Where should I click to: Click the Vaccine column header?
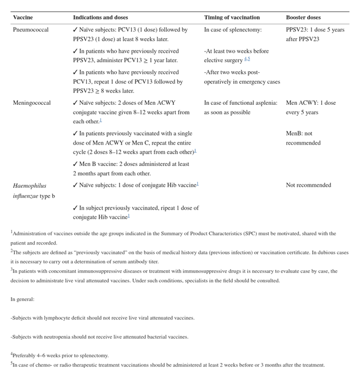[x=23, y=18]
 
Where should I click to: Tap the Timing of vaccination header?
[x=232, y=18]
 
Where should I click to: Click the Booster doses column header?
[x=303, y=18]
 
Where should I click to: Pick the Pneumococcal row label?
[x=31, y=30]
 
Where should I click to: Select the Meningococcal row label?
[x=32, y=103]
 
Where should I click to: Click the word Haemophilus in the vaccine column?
[x=30, y=186]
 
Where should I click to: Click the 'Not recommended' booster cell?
[x=308, y=185]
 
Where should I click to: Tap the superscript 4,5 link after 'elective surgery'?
[x=247, y=59]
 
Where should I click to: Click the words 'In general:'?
[x=22, y=299]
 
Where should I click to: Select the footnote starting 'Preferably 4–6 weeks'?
[x=59, y=355]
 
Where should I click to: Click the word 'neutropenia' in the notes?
[x=63, y=337]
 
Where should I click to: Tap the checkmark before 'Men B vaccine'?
[x=76, y=164]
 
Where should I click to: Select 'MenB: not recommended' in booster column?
[x=303, y=138]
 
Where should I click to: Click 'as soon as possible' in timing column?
[x=227, y=112]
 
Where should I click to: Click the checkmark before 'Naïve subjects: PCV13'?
[x=76, y=30]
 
